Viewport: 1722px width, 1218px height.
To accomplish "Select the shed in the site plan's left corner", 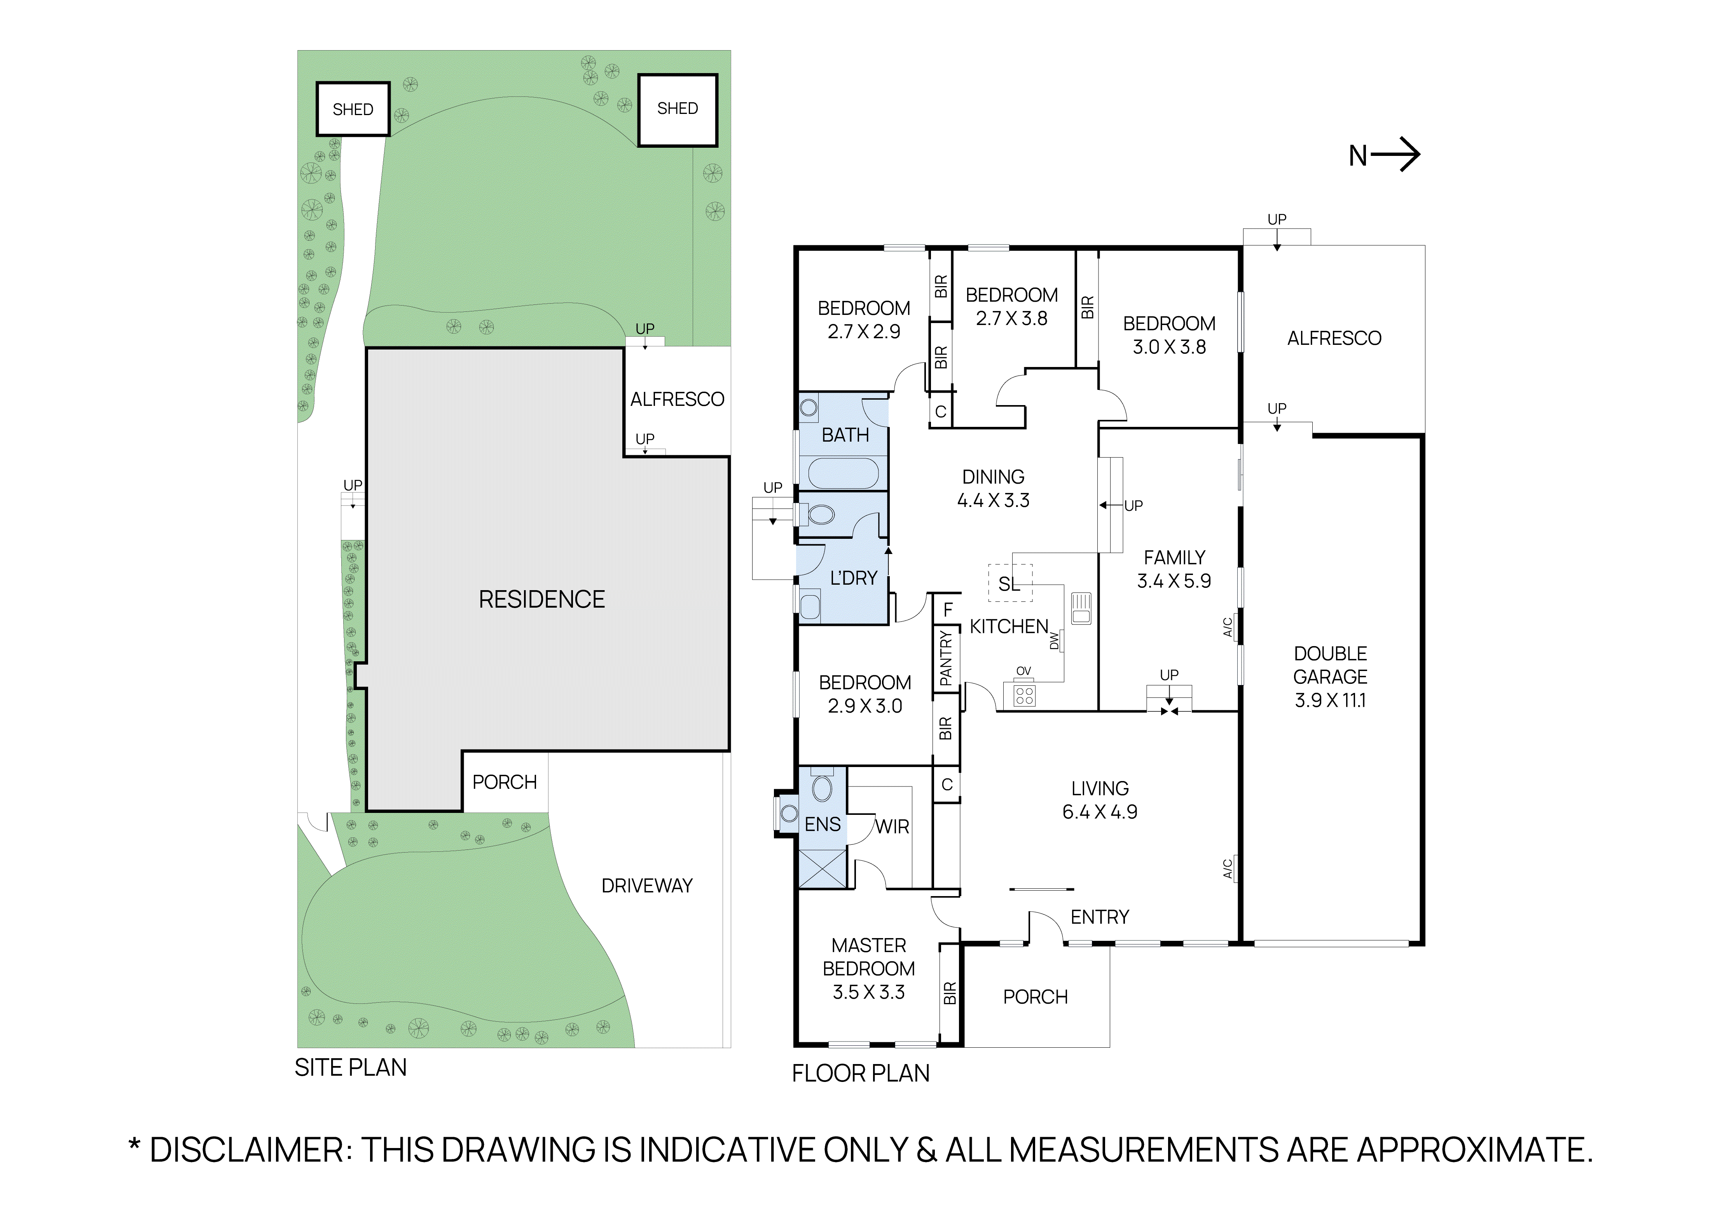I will click(353, 110).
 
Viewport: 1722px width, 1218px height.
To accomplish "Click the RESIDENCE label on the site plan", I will click(541, 599).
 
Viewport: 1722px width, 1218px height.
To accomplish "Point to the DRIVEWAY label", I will click(646, 886).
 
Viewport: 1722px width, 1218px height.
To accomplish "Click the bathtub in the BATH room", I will click(843, 473).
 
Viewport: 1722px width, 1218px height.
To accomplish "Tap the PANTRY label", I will click(946, 658).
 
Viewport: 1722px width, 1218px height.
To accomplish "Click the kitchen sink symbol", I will click(1081, 608).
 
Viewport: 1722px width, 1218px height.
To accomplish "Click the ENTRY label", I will click(1100, 917).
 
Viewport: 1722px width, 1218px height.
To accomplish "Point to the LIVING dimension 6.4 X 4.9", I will click(1100, 812).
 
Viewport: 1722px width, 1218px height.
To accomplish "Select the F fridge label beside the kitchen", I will click(948, 610).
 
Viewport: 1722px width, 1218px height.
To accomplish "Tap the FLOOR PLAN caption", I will click(860, 1073).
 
